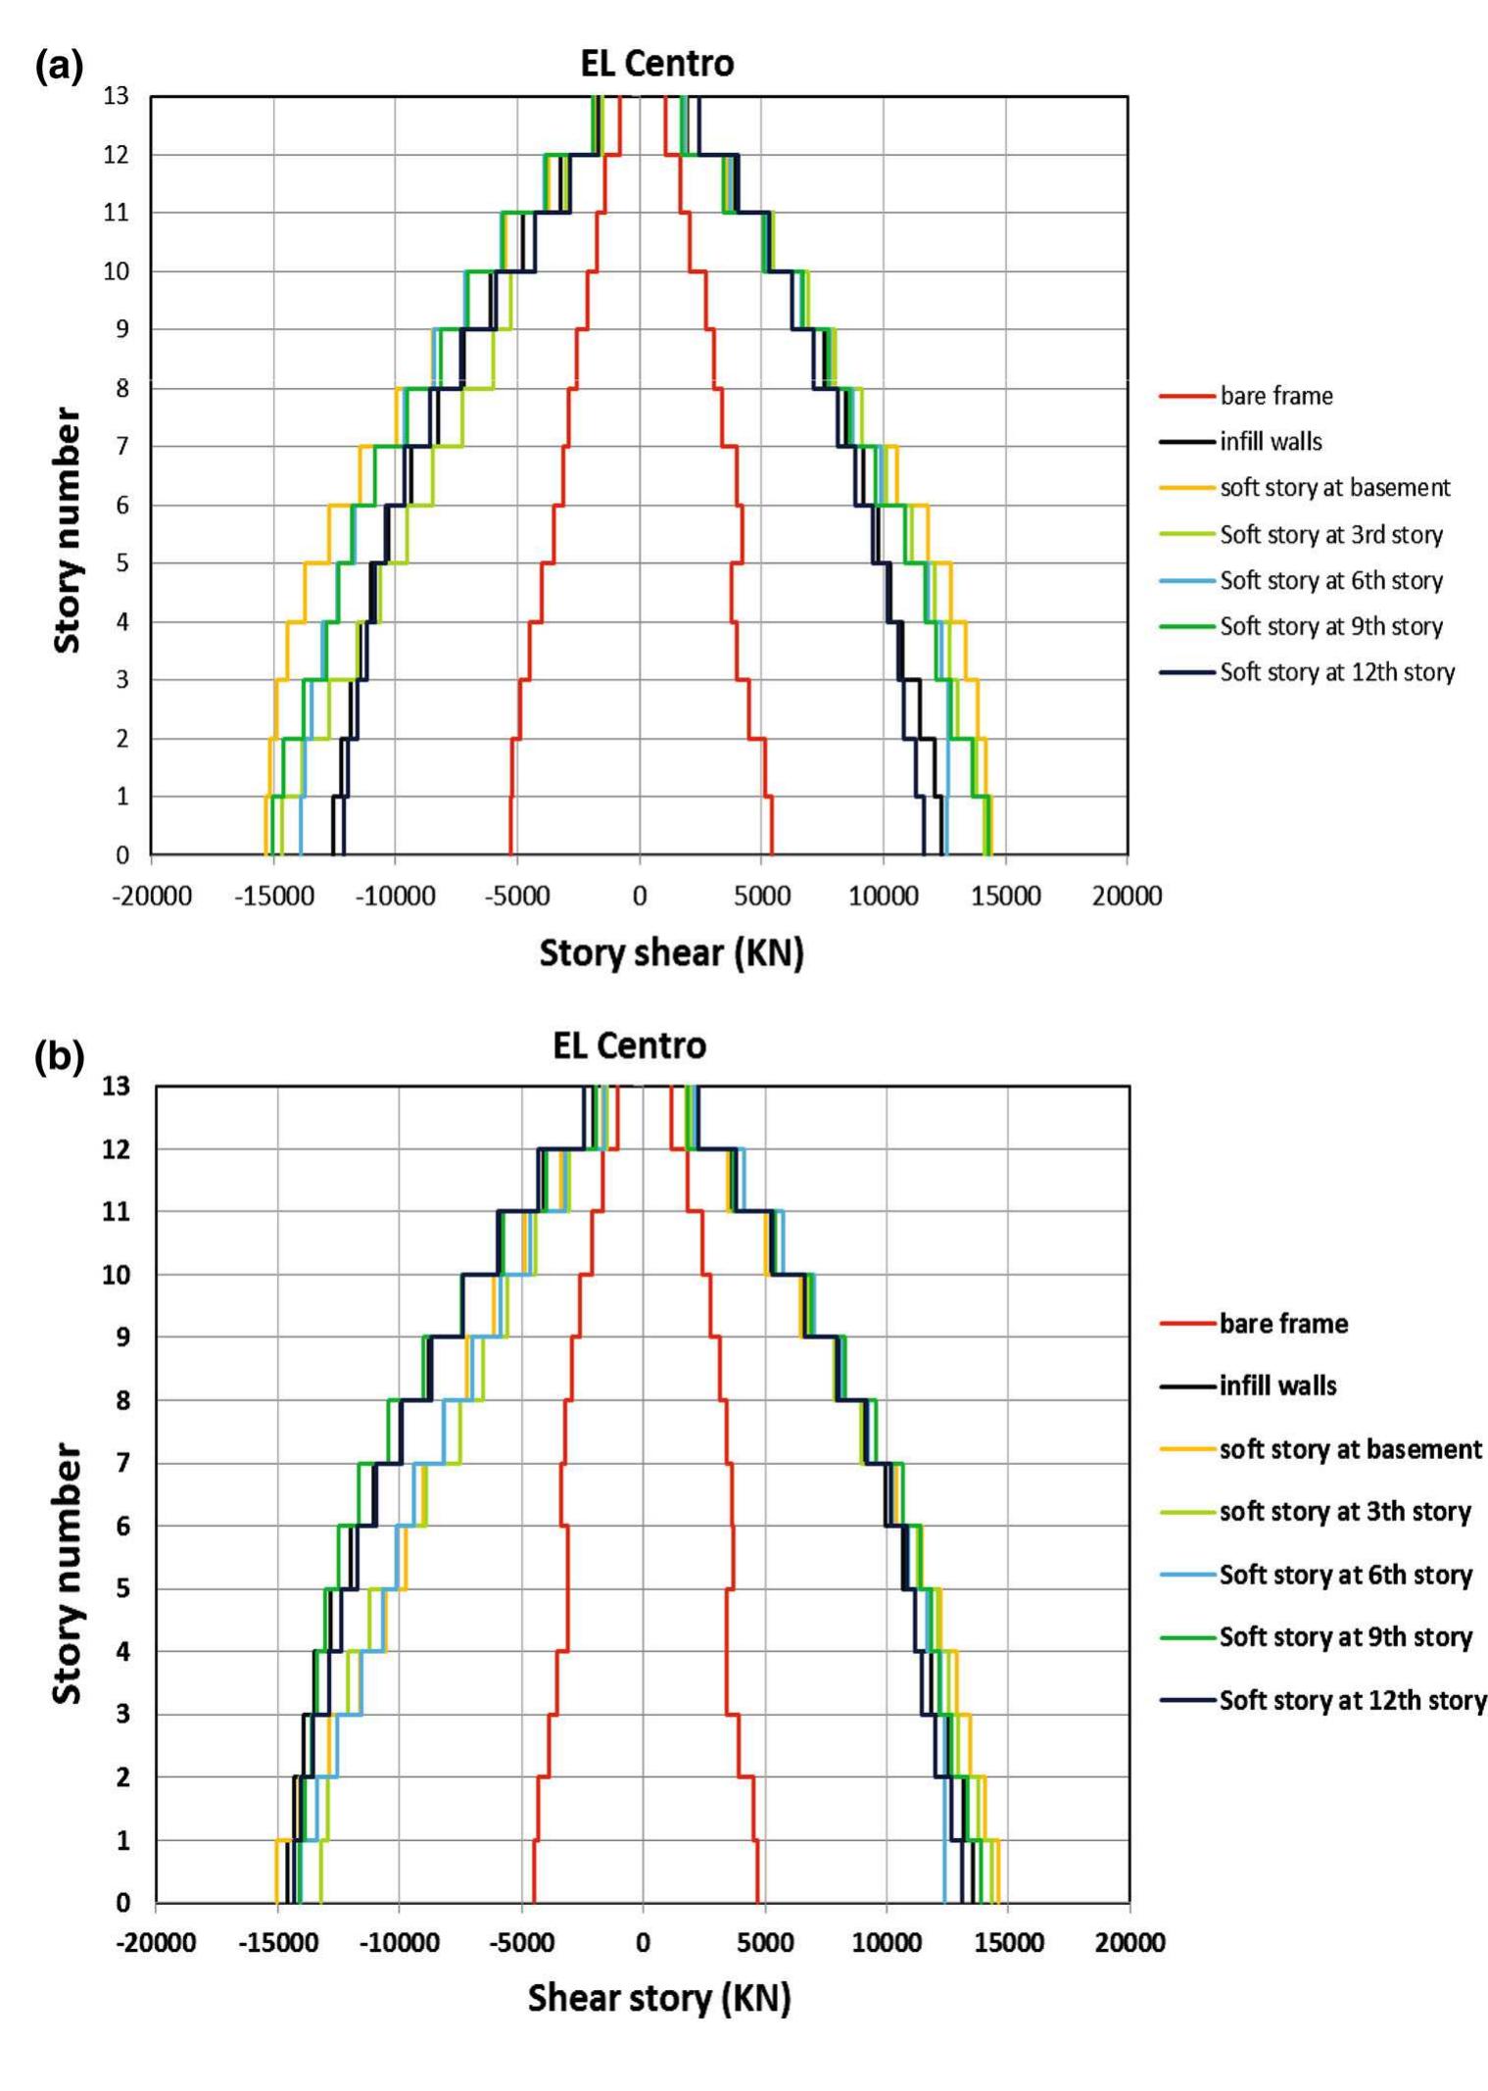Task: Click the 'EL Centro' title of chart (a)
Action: (656, 64)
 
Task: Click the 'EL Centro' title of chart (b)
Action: (629, 1045)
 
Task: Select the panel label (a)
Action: (59, 67)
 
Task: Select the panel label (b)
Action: (59, 1057)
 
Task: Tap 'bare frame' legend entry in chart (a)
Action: (1275, 396)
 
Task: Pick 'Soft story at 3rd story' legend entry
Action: (1330, 535)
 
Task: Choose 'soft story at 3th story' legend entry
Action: (1344, 1512)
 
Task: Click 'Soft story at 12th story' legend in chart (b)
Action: (1352, 1700)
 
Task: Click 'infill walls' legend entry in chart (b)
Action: (1277, 1386)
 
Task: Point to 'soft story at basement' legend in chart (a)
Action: (1334, 488)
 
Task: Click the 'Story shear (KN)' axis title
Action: (671, 952)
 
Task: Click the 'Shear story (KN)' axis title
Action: (658, 1998)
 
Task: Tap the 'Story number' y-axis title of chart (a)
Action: (67, 530)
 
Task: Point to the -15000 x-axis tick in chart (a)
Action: (274, 896)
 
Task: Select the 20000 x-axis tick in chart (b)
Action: (1129, 1943)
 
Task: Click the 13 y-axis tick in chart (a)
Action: (116, 96)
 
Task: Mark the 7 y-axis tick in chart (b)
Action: (122, 1463)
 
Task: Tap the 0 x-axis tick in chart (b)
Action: (643, 1943)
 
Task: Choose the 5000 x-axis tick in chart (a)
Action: (761, 896)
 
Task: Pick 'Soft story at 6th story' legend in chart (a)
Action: (1330, 581)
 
